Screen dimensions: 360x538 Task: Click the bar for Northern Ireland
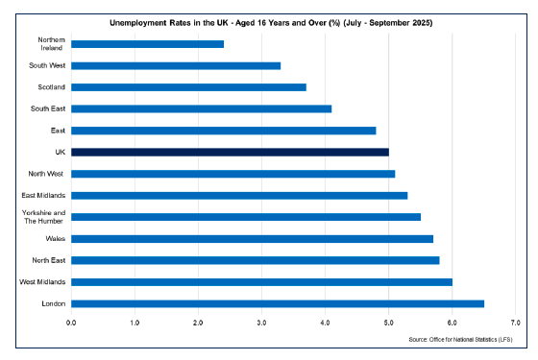pyautogui.click(x=147, y=44)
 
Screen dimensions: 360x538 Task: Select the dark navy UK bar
pyautogui.click(x=230, y=152)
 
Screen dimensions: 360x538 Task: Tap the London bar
pyautogui.click(x=278, y=303)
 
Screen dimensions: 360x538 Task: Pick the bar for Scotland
pyautogui.click(x=188, y=87)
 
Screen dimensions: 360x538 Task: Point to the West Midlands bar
pyautogui.click(x=261, y=282)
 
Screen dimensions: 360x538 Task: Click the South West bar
pyautogui.click(x=176, y=65)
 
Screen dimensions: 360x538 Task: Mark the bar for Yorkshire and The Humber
pyautogui.click(x=246, y=217)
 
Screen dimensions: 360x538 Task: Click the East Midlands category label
pyautogui.click(x=42, y=196)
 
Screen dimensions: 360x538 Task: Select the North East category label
pyautogui.click(x=47, y=260)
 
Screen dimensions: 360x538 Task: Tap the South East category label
pyautogui.click(x=47, y=108)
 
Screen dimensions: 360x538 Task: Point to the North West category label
pyautogui.click(x=46, y=174)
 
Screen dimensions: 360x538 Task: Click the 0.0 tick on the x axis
pyautogui.click(x=71, y=322)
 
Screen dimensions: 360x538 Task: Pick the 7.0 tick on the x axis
pyautogui.click(x=515, y=322)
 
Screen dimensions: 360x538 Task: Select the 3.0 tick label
pyautogui.click(x=261, y=322)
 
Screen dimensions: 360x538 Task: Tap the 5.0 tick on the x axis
pyautogui.click(x=388, y=322)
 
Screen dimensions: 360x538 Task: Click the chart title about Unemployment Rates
pyautogui.click(x=272, y=22)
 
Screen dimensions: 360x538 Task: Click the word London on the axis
pyautogui.click(x=52, y=303)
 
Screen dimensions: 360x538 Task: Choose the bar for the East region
pyautogui.click(x=223, y=131)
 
